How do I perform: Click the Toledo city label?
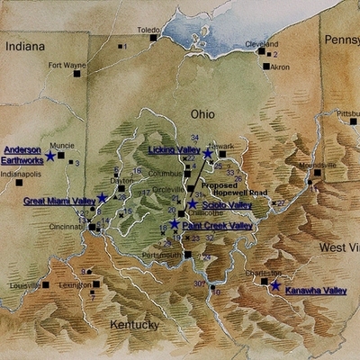[148, 29]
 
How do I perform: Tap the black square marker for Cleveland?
[264, 50]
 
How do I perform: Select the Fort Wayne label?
[66, 65]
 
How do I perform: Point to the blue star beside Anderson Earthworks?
[50, 156]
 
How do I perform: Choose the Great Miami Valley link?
[58, 201]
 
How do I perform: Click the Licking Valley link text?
[174, 149]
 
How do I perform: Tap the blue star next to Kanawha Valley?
[274, 285]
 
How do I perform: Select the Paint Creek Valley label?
[216, 226]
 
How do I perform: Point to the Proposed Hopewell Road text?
[234, 189]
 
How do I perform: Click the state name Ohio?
[202, 113]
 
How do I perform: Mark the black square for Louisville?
[46, 284]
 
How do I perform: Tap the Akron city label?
[280, 67]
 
